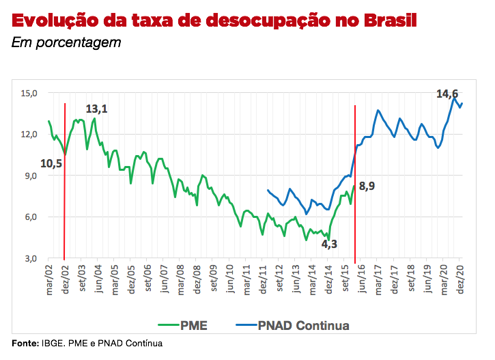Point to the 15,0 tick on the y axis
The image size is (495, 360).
pos(29,93)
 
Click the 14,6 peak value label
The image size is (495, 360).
pos(447,94)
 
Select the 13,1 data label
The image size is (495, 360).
pos(96,109)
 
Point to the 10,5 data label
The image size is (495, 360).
pos(51,163)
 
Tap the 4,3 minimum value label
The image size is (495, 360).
pos(329,243)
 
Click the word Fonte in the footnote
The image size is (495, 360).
pos(25,342)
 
